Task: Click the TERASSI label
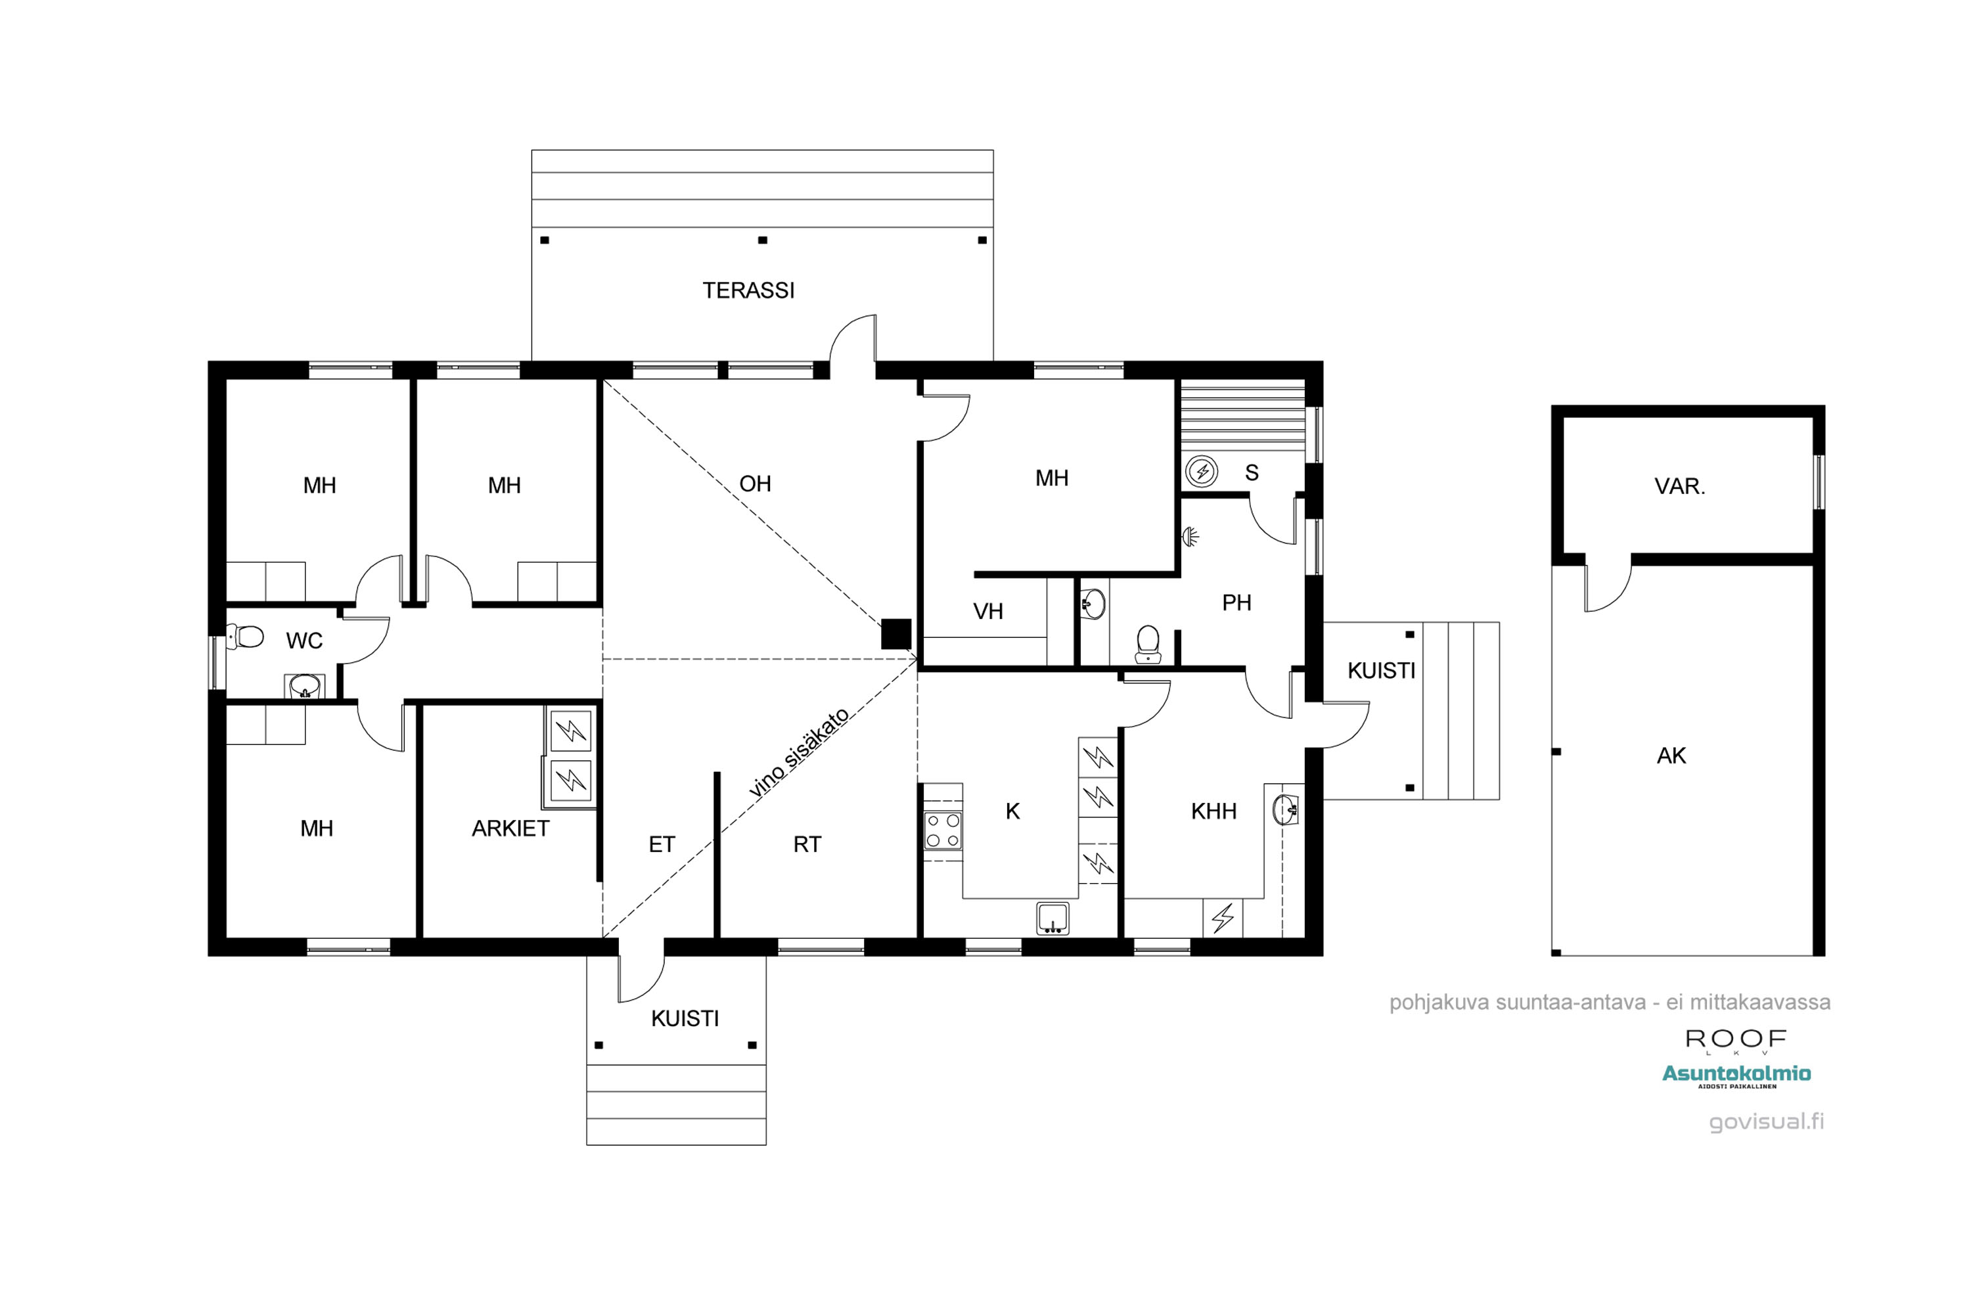pyautogui.click(x=748, y=291)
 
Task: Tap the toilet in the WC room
pyautogui.click(x=246, y=637)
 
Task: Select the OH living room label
pyautogui.click(x=755, y=484)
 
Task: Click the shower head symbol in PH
pyautogui.click(x=1190, y=536)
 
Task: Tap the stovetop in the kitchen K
pyautogui.click(x=943, y=830)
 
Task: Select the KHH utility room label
pyautogui.click(x=1213, y=811)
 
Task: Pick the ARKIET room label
pyautogui.click(x=510, y=828)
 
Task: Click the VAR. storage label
pyautogui.click(x=1679, y=487)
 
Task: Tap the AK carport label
pyautogui.click(x=1671, y=756)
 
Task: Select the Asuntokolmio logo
pyautogui.click(x=1736, y=1076)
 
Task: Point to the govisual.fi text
pyautogui.click(x=1767, y=1121)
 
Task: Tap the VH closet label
pyautogui.click(x=988, y=612)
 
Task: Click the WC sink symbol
pyautogui.click(x=304, y=687)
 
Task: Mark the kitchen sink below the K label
pyautogui.click(x=1053, y=918)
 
